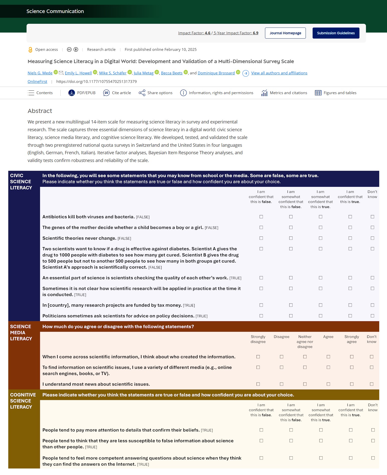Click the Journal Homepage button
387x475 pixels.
[285, 33]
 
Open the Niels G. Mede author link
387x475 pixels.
[40, 73]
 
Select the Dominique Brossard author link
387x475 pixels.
[216, 73]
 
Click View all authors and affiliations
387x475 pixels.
[279, 73]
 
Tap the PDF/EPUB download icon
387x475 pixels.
[72, 93]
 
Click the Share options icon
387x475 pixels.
[142, 93]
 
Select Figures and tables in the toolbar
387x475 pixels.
[336, 93]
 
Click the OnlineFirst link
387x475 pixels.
[37, 81]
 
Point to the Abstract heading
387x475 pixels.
[40, 111]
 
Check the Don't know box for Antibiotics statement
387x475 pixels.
[372, 217]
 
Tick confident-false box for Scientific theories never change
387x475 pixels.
[261, 238]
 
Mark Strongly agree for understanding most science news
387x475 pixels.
[352, 384]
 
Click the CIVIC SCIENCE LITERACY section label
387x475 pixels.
[21, 182]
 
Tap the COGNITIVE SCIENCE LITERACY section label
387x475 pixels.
[23, 401]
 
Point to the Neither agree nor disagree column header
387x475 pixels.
[305, 342]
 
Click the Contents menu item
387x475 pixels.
[40, 93]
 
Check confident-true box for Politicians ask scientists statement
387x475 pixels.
[350, 316]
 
